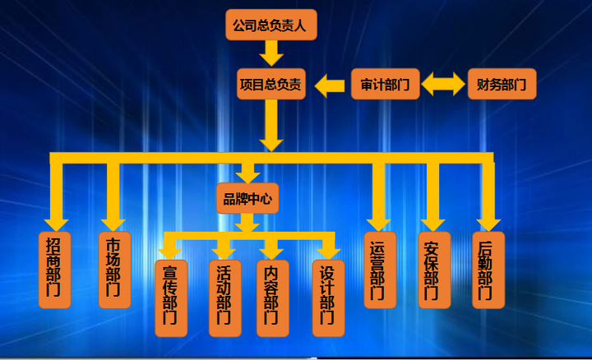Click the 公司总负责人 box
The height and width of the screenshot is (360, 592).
tap(271, 25)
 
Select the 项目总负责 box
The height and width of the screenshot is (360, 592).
tap(271, 83)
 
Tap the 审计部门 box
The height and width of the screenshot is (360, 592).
tap(385, 83)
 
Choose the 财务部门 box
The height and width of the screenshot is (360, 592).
tap(502, 83)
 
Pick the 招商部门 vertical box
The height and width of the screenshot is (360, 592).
tap(54, 270)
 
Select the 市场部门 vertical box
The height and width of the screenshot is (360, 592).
tap(114, 270)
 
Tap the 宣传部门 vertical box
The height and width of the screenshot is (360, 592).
tap(171, 298)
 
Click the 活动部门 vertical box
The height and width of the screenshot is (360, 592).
tap(224, 298)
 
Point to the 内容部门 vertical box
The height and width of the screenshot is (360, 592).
tap(272, 298)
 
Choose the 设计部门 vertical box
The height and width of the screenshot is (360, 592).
tap(328, 298)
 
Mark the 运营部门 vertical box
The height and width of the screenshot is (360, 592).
tap(379, 270)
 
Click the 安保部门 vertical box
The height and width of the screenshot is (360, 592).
tap(433, 270)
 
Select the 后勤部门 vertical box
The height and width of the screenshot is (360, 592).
tap(487, 270)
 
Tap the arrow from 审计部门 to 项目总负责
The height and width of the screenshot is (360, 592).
tap(331, 83)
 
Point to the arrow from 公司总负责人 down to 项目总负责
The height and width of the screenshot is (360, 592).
tap(271, 53)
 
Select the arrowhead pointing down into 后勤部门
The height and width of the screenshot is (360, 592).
tap(488, 220)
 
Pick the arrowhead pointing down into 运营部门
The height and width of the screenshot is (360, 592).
tap(379, 220)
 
